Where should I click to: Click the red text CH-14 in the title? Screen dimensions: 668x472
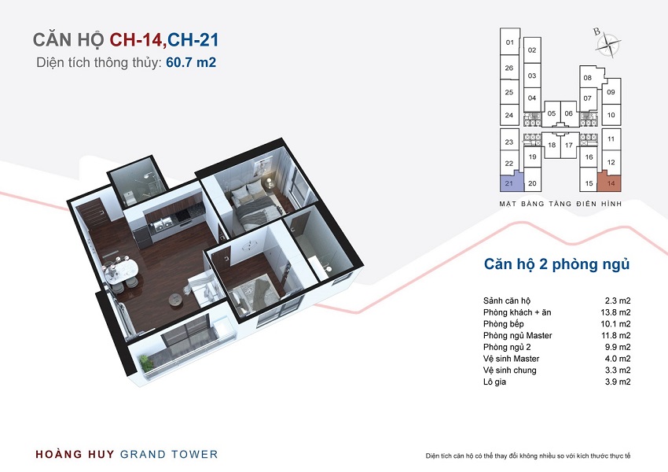(136, 39)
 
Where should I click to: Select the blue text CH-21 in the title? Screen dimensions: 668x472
(193, 39)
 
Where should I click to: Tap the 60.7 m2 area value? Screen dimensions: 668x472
(191, 62)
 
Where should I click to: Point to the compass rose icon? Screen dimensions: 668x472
(607, 42)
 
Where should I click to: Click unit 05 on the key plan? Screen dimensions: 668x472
(551, 113)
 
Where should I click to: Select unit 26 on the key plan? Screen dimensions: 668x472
(509, 68)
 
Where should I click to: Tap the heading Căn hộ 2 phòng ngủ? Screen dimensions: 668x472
(556, 264)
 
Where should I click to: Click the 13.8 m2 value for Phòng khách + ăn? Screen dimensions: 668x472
(615, 312)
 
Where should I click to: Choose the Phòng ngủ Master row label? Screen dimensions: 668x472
(518, 336)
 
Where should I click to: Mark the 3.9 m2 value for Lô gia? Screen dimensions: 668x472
(618, 382)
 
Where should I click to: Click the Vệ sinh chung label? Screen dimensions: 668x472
(509, 370)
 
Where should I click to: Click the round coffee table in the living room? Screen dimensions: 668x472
(175, 298)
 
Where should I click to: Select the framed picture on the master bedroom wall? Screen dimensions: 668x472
(262, 166)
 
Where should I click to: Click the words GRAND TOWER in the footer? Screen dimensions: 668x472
(169, 455)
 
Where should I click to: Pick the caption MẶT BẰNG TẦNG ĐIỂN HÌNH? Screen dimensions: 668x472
(560, 204)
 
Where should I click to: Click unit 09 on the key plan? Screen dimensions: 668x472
(611, 92)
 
